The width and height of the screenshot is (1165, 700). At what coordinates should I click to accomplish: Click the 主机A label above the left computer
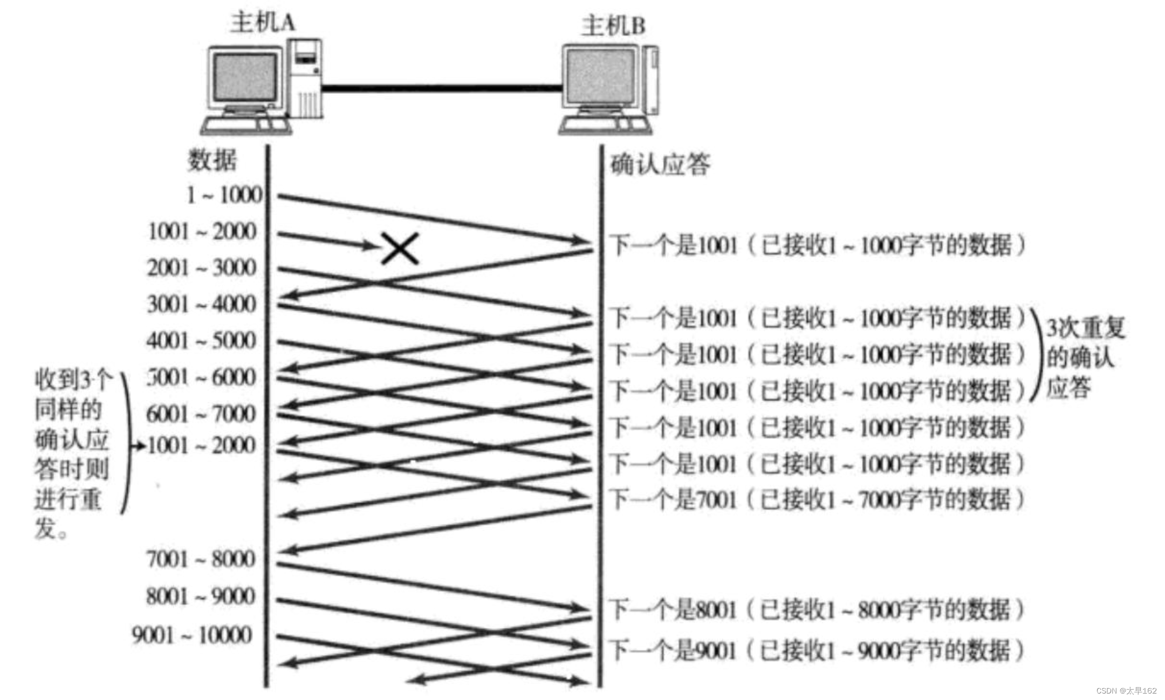click(263, 23)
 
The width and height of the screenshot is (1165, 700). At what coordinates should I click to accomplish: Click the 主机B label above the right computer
click(613, 26)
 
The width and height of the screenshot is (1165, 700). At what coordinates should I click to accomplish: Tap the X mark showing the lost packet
click(400, 248)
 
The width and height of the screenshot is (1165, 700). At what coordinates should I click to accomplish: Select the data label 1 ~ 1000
click(224, 195)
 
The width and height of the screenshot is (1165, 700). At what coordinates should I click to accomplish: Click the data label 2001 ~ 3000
click(202, 268)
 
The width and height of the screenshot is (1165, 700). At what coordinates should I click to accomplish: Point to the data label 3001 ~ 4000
click(202, 305)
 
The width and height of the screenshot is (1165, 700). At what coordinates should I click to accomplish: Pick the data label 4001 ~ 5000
click(202, 341)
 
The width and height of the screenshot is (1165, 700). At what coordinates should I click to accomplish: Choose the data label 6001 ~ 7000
click(202, 414)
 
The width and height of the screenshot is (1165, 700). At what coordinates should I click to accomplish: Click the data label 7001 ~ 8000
click(201, 559)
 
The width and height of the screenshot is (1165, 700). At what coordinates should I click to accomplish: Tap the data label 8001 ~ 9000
click(201, 596)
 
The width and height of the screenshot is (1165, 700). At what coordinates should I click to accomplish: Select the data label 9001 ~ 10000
click(192, 635)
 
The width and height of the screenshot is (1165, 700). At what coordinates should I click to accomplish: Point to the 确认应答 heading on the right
click(660, 164)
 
